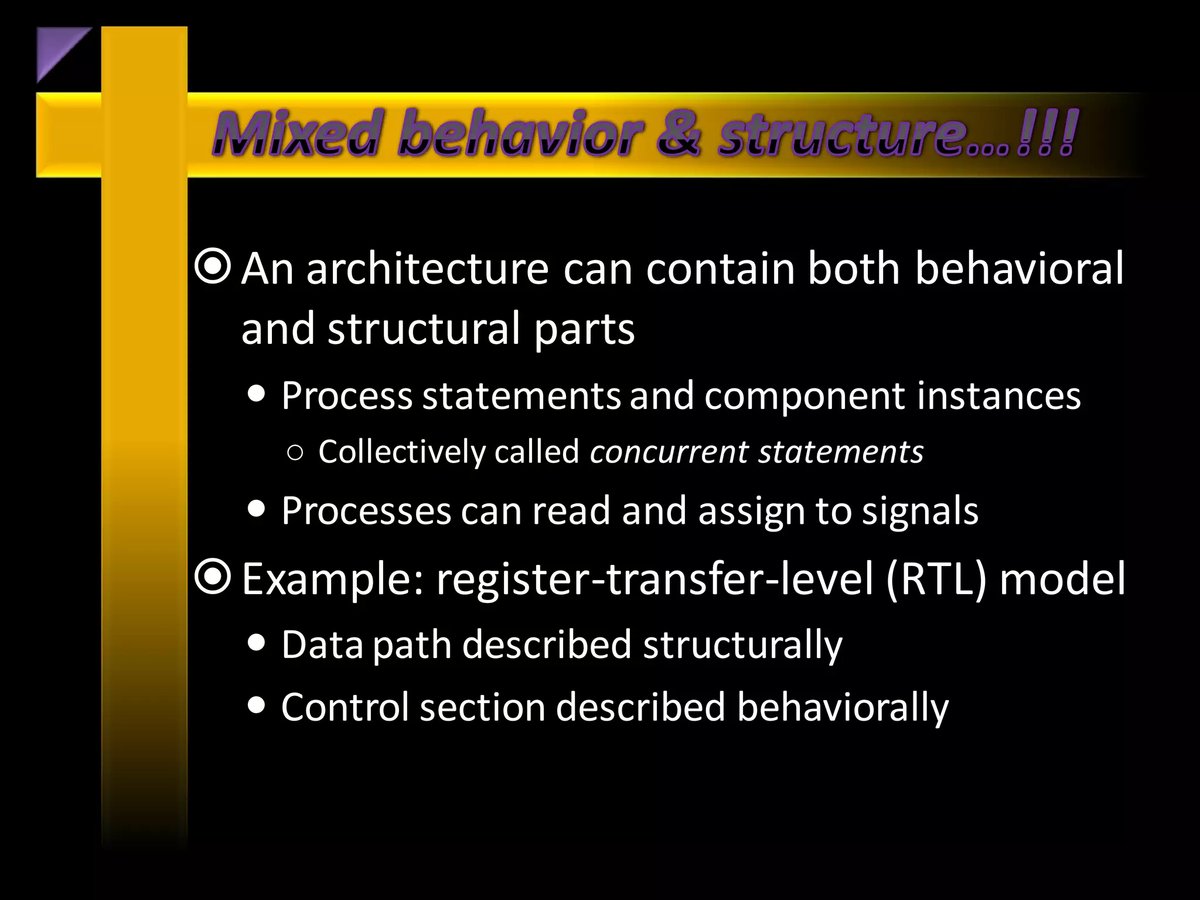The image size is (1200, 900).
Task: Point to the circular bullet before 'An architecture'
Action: pos(213,267)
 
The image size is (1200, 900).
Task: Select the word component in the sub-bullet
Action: pos(805,396)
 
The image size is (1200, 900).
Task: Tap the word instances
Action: pos(999,396)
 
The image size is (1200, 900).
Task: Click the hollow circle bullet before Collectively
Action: pos(296,452)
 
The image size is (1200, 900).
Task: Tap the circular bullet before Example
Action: pos(213,577)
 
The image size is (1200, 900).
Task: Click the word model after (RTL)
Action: pos(1062,579)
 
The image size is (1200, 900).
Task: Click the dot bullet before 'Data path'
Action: pos(256,643)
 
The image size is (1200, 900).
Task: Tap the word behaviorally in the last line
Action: pos(842,707)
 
